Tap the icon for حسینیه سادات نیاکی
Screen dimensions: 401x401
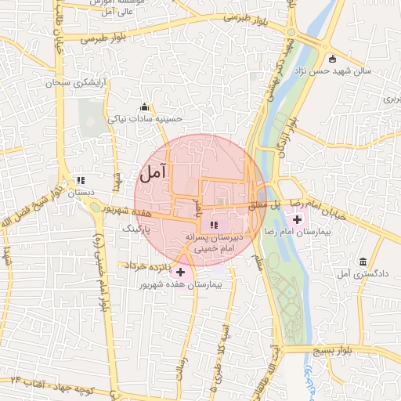click(143, 107)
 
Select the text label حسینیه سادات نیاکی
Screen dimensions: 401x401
click(156, 118)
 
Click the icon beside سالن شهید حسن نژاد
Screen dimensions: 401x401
click(333, 60)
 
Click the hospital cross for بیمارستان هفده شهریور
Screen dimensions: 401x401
click(181, 273)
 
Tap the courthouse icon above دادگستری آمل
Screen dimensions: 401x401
click(363, 262)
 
